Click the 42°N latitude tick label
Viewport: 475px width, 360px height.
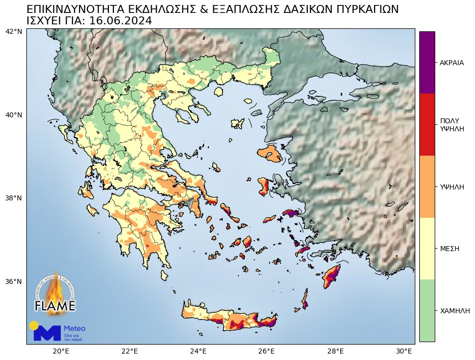[x=13, y=31]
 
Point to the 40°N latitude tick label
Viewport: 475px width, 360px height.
[x=13, y=115]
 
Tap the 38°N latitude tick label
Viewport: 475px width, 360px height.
[x=13, y=198]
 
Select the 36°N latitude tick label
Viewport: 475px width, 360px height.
[x=13, y=281]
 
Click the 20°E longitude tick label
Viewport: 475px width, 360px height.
[x=61, y=351]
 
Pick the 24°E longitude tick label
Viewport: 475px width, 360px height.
[x=198, y=351]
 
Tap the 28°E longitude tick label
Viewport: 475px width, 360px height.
[x=336, y=351]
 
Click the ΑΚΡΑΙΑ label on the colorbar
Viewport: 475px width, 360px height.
[x=452, y=63]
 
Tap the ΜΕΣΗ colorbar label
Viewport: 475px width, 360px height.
[x=449, y=248]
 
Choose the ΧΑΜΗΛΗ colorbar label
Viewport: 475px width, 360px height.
[x=455, y=310]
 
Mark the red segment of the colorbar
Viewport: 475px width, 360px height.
[x=427, y=124]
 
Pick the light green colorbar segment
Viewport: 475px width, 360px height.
[x=427, y=310]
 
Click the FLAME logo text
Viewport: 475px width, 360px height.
[x=55, y=305]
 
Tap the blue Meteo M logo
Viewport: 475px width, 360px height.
[x=47, y=333]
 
